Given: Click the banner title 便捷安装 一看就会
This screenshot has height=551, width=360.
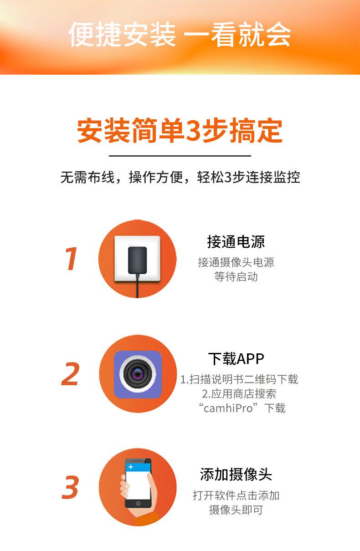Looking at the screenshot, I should (180, 35).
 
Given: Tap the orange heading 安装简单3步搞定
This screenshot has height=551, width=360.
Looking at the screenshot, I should (180, 131).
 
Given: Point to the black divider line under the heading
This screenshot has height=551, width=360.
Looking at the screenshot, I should (180, 156).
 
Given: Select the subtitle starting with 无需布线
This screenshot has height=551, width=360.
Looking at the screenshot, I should (180, 177).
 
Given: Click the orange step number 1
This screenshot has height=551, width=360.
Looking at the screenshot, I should (71, 259).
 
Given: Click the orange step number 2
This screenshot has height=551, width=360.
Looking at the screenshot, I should (71, 374).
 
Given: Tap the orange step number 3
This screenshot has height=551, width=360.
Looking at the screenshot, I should (71, 487).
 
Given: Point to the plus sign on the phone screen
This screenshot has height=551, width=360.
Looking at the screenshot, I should (131, 467).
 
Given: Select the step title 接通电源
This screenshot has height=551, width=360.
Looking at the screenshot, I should (236, 242).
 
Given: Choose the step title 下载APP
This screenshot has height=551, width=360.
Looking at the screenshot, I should (236, 359).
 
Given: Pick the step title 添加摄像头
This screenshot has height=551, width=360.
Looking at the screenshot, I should (236, 474).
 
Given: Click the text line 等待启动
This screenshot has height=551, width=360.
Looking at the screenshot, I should (236, 276).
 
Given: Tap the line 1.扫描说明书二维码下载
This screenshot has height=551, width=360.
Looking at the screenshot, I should (239, 379).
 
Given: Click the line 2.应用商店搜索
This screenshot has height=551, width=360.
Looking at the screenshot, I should (239, 393).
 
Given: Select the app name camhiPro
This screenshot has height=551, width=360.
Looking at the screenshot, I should (228, 408).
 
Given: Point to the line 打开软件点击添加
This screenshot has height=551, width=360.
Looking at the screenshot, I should (236, 495).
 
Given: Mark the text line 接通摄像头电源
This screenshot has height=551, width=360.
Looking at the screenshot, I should (236, 262).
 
